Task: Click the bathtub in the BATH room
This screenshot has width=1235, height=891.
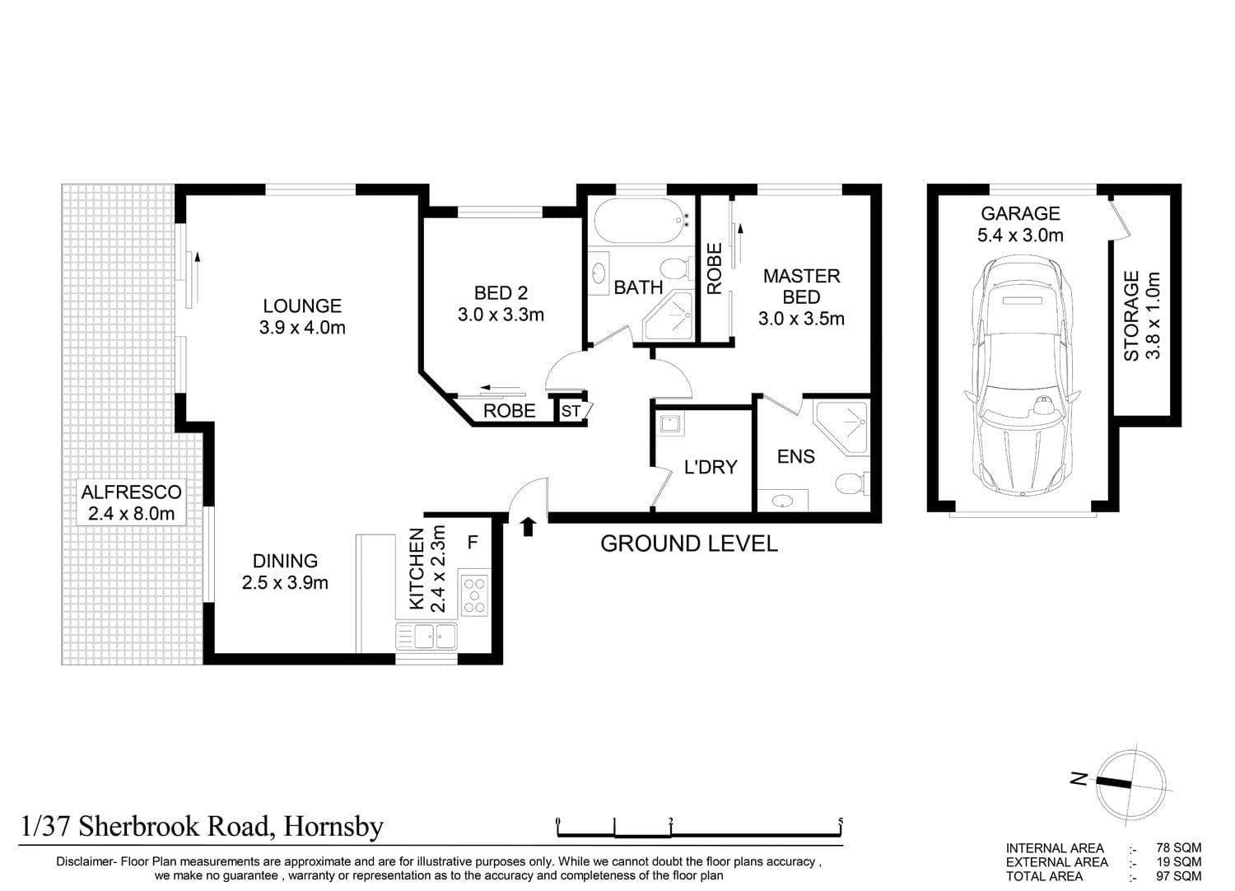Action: pos(642,221)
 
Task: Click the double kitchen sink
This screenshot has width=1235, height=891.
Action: pos(426,637)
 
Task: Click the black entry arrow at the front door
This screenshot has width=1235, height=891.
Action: pos(529,526)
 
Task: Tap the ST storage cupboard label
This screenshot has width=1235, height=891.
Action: pos(571,411)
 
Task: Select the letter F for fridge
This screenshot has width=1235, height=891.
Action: pos(473,543)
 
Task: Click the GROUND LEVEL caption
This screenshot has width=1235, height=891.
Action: pos(688,543)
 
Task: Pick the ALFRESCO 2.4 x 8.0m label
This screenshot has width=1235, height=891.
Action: pos(131,502)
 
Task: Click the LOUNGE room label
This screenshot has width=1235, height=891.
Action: pos(302,306)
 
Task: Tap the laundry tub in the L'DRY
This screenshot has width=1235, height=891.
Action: pos(670,425)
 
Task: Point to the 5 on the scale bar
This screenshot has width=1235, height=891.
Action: pos(841,821)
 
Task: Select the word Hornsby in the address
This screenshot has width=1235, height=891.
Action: pos(333,827)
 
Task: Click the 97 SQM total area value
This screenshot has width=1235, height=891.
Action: pos(1178,876)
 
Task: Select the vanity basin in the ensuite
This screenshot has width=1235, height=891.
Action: pos(783,501)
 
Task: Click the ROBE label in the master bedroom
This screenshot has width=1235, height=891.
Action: pos(715,268)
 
